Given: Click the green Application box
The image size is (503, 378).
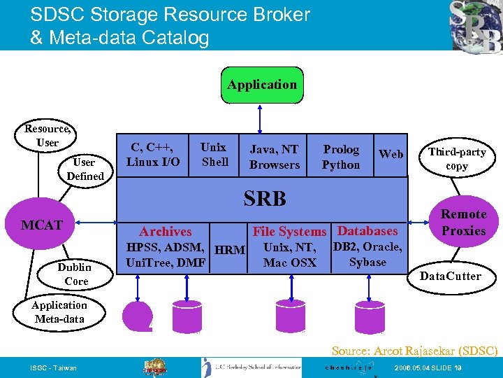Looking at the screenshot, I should [x=261, y=85].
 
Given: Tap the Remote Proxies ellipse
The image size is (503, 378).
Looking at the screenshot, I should [x=463, y=223].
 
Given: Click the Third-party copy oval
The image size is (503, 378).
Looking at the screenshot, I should [x=457, y=159].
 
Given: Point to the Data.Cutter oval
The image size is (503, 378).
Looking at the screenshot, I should [x=450, y=276].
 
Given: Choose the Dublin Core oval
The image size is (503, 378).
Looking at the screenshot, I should [x=75, y=274].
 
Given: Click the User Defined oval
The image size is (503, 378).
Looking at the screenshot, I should [x=85, y=169].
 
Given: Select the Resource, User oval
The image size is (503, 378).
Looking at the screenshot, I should [x=47, y=136].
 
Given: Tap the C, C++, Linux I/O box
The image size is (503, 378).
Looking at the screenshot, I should [x=152, y=155].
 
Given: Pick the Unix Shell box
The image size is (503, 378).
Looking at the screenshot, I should [x=214, y=155].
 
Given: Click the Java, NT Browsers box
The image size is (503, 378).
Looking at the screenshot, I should [x=274, y=157].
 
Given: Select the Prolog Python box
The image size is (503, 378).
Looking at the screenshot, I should [x=341, y=157].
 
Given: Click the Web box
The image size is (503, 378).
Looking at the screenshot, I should [x=391, y=154].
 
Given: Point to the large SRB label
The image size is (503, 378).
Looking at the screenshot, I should [x=265, y=199].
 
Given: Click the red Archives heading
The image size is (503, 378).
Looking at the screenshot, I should [x=165, y=231].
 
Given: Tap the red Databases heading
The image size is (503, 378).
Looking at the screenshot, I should [x=367, y=230].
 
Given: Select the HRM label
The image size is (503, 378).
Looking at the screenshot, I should [x=230, y=250].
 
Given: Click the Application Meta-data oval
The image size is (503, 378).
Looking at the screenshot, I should [x=59, y=312].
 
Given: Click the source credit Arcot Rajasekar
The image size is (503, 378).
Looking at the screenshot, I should [x=414, y=350].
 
